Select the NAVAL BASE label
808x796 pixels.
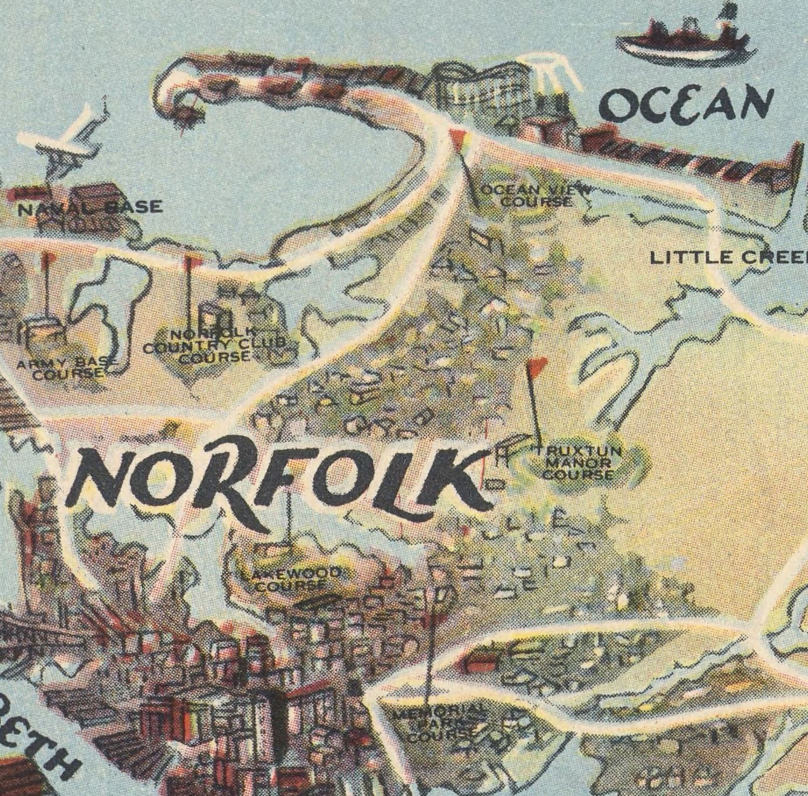pos(90,207)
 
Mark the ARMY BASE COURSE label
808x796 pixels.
pos(68,368)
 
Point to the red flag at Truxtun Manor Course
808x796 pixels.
pos(536,366)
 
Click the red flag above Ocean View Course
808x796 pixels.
pos(458,138)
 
